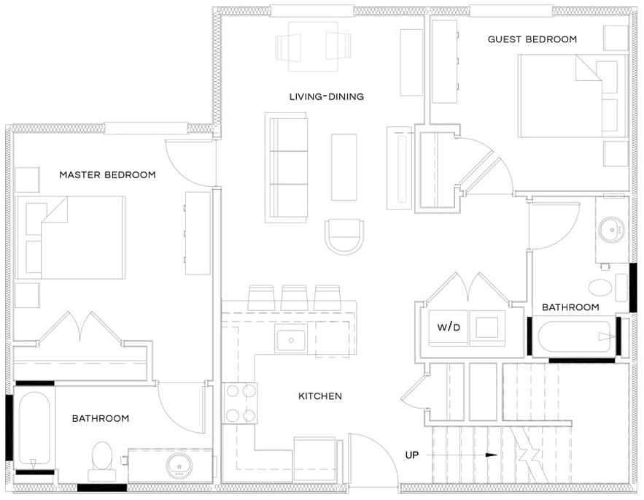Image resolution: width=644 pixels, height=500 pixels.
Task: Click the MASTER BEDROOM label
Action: click(108, 174)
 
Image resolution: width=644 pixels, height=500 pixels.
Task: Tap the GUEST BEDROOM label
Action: click(532, 39)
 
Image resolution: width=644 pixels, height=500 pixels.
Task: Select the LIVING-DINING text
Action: click(327, 96)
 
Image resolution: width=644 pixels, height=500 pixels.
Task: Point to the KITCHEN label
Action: click(320, 396)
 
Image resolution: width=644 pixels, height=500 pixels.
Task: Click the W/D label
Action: click(449, 327)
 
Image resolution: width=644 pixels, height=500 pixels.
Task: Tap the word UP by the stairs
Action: click(412, 455)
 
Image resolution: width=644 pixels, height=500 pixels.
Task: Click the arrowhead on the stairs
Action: click(492, 455)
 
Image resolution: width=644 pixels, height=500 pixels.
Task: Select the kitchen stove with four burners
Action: click(240, 403)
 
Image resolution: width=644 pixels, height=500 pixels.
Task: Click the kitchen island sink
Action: click(291, 339)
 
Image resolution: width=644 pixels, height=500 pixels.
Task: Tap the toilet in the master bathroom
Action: click(102, 461)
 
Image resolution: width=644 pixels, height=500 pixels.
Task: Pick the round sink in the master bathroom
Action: click(179, 466)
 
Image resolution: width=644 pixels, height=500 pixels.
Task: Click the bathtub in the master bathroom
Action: click(34, 428)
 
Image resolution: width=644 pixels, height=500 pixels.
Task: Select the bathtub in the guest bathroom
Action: click(574, 337)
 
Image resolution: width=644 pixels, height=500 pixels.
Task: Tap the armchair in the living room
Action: click(344, 236)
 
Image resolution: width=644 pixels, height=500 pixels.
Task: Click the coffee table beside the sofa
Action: click(344, 167)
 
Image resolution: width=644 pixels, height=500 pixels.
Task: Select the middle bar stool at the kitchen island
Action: click(294, 298)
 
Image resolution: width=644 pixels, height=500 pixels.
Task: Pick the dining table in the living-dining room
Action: click(314, 47)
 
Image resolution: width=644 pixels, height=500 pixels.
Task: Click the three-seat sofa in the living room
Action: click(287, 168)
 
